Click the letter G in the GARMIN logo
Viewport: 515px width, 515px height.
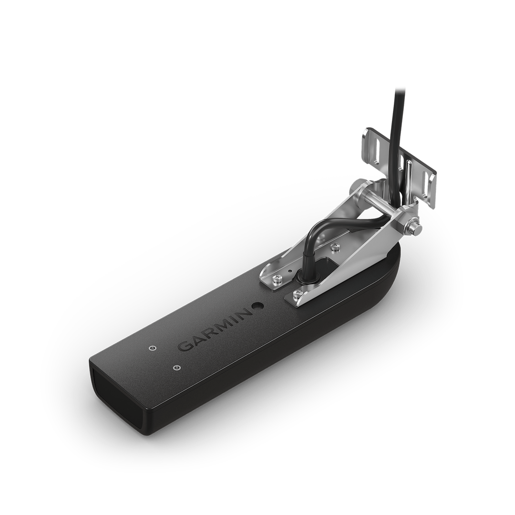(x=184, y=347)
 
